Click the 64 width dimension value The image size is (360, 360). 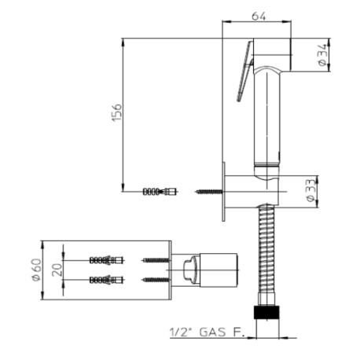[x=259, y=14]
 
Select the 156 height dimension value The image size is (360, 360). [x=116, y=112]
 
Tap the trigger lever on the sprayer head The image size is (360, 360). [x=246, y=71]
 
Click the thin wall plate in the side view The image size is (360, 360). [x=226, y=191]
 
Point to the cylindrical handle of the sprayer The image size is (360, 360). [x=268, y=118]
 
